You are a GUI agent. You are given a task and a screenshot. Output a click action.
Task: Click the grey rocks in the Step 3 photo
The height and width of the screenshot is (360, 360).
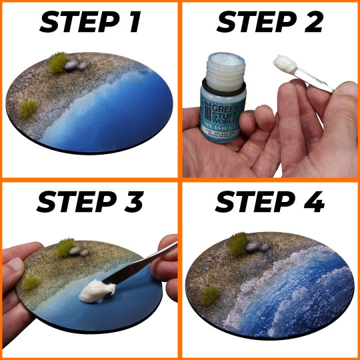(80, 252)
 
